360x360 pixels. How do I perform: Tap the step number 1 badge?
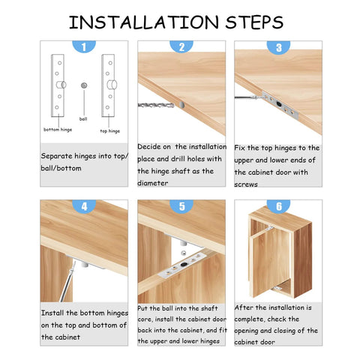point(83,46)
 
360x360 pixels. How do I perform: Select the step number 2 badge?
point(181,46)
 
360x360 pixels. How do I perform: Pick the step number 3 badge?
point(278,46)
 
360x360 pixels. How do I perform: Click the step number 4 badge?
point(83,205)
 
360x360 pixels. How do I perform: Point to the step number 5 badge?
point(181,205)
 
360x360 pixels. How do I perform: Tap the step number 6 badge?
point(278,205)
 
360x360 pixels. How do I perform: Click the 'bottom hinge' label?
point(58,129)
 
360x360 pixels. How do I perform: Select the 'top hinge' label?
point(110,129)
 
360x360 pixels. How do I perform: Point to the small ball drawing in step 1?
point(84,85)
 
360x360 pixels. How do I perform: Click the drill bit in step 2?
point(149,106)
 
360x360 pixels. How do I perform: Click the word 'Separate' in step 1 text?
point(58,157)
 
